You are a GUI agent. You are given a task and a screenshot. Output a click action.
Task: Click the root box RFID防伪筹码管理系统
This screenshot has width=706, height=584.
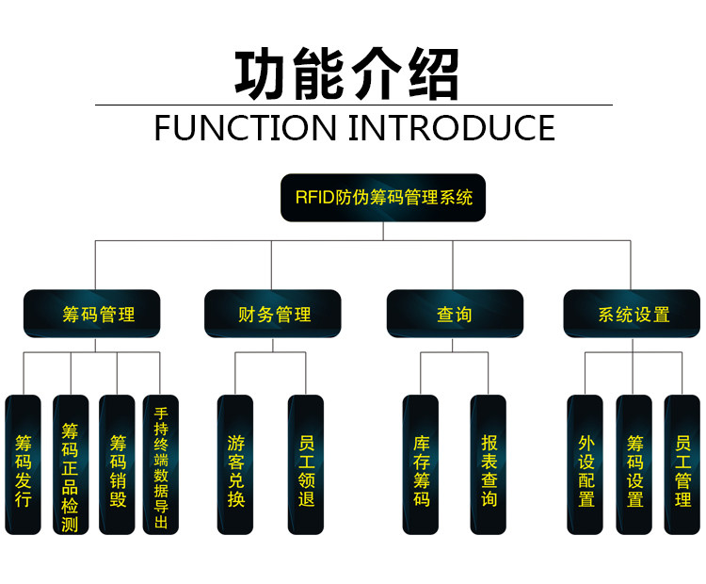pos(383,199)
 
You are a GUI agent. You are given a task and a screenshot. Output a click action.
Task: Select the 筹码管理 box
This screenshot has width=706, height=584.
pos(92,314)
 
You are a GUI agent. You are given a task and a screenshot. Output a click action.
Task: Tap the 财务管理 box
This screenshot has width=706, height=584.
pos(273,314)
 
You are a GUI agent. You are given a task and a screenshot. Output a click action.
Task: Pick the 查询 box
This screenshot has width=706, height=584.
pos(455,314)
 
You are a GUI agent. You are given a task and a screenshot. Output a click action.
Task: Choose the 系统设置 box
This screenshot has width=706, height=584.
pos(633,314)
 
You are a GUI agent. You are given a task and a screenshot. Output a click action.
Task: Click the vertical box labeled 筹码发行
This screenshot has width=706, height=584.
pos(24,464)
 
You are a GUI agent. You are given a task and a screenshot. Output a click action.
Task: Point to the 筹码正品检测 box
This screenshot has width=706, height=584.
pos(71,464)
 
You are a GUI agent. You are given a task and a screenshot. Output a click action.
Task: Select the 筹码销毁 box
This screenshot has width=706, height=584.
pos(118,464)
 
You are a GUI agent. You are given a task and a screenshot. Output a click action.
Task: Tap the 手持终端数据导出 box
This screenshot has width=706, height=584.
pos(161,464)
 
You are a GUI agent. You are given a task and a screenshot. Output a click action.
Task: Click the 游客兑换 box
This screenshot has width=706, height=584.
pos(235,464)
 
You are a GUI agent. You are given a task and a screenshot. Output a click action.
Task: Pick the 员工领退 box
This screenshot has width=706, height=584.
pos(306,464)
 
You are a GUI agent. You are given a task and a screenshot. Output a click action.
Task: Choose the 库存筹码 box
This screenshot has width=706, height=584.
pos(421,464)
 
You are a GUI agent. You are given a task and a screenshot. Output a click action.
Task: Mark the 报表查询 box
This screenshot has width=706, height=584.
pos(489,464)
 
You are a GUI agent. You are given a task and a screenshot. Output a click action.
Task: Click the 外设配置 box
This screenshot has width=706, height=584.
pos(586,464)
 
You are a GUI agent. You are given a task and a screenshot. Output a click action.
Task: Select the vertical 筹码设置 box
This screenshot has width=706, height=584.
pos(634,464)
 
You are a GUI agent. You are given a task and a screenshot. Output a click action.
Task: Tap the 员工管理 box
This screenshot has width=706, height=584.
pos(682,464)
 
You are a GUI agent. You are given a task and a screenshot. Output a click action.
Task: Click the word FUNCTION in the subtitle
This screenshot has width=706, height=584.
pos(244,127)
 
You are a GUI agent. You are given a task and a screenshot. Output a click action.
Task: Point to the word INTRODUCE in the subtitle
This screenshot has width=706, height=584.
pos(452,127)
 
